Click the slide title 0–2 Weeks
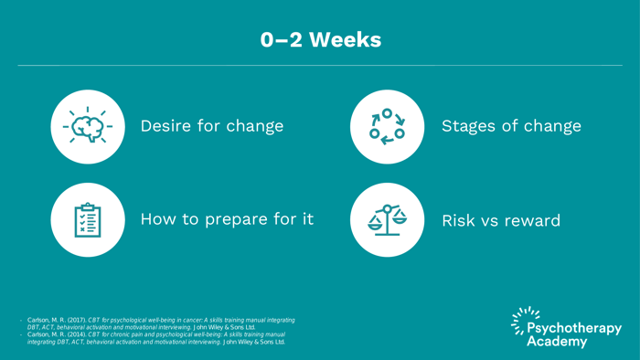tap(320, 40)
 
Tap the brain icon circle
tap(88, 126)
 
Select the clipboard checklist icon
tap(88, 219)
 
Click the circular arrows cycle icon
tap(387, 126)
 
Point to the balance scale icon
tap(387, 219)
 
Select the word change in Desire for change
tap(256, 126)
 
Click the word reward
tap(532, 220)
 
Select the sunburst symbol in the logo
tap(524, 319)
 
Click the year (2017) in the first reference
tap(75, 320)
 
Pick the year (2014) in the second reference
tap(75, 334)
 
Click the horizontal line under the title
tap(320, 65)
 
